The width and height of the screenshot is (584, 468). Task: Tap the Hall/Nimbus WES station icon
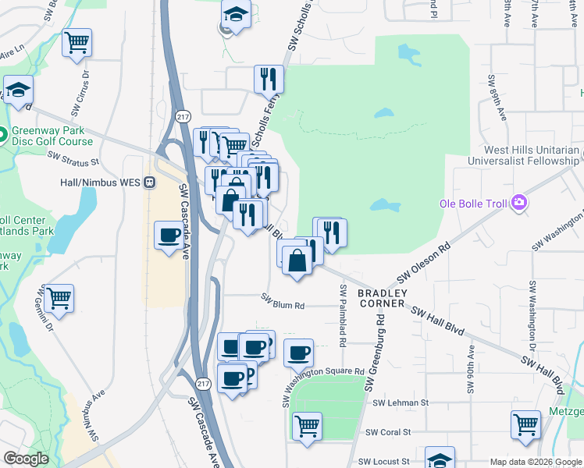coord(150,182)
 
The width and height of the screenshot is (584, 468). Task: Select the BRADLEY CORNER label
coord(382,298)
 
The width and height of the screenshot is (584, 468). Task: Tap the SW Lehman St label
coord(401,403)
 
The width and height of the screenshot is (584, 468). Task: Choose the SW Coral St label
coord(393,432)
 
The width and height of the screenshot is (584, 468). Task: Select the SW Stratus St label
coord(73,158)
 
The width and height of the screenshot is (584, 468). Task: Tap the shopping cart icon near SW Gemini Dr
coord(59,298)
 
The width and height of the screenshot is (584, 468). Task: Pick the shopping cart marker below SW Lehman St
coord(308,426)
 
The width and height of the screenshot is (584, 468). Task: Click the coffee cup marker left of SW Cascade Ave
coord(169,235)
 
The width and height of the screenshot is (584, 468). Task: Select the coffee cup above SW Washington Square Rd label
coord(298,353)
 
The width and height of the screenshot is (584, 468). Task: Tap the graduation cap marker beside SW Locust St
coord(440,459)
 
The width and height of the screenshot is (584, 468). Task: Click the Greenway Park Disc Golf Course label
coord(52,136)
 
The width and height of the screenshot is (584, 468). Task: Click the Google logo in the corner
coord(25,459)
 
